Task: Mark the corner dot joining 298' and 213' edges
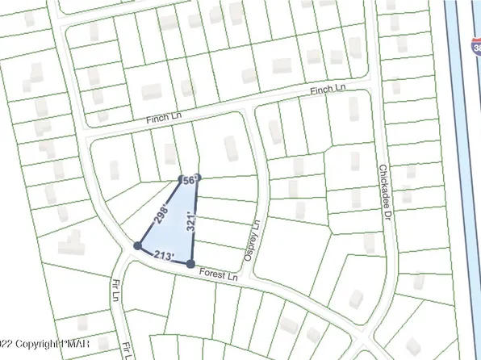(137, 245)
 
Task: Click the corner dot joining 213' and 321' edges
(190, 264)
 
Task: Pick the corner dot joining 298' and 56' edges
(182, 179)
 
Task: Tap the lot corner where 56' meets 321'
(199, 178)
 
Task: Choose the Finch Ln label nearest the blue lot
(164, 118)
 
